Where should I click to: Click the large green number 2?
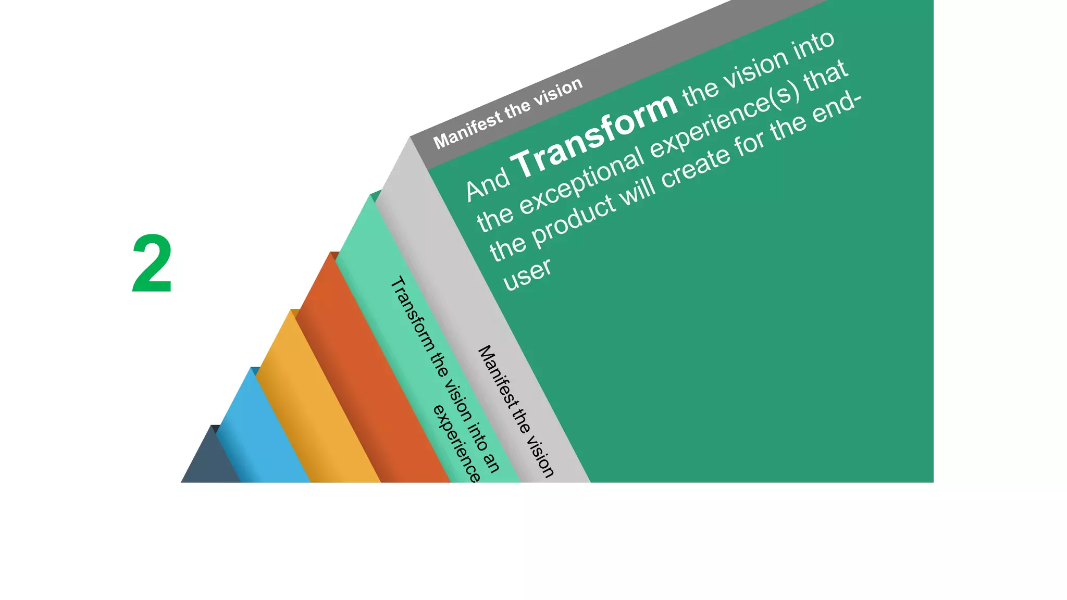pyautogui.click(x=152, y=264)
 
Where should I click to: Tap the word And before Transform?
pyautogui.click(x=488, y=184)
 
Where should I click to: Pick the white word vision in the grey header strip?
pyautogui.click(x=561, y=90)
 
